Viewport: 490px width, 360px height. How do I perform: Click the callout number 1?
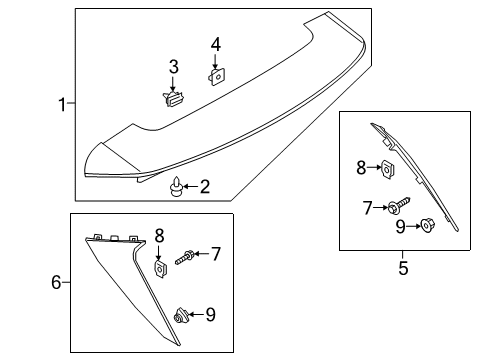tap(62, 104)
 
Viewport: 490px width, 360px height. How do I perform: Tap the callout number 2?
tap(204, 185)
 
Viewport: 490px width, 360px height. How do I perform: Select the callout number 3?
tap(173, 66)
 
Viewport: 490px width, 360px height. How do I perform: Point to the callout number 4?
tap(215, 44)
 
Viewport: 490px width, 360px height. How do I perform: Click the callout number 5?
tap(404, 267)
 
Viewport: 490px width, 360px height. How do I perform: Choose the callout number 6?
tap(57, 283)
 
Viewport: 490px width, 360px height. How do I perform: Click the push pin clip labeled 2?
tap(177, 186)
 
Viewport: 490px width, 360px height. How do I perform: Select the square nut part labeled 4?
tap(215, 76)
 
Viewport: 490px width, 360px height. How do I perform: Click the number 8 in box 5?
tap(363, 169)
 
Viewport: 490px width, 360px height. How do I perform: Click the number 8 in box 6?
tap(159, 235)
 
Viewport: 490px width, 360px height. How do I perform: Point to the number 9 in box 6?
tap(210, 315)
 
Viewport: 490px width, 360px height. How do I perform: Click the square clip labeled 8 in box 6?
tap(160, 268)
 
